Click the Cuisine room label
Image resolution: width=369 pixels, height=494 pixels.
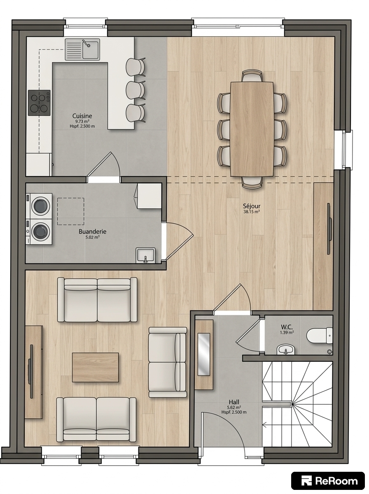[x=82, y=116]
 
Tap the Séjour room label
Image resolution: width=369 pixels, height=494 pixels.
[x=252, y=206]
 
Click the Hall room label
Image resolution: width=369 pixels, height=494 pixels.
[x=234, y=402]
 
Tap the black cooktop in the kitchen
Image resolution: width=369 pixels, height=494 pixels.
[x=39, y=103]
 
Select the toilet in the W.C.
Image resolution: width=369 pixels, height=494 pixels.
[x=320, y=336]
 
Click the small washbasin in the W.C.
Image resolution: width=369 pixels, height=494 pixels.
[x=286, y=350]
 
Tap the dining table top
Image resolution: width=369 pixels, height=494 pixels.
[x=252, y=129]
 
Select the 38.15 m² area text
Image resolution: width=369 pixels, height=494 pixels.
[x=252, y=212]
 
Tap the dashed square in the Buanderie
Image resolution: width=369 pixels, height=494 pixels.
[x=71, y=212]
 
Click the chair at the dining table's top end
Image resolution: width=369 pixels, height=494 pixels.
[x=252, y=76]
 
